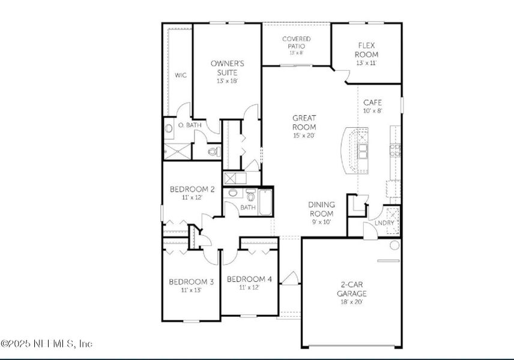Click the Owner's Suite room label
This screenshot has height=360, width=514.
(x=228, y=68)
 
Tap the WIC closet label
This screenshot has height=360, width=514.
(x=180, y=76)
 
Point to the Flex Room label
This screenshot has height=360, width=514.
(x=367, y=50)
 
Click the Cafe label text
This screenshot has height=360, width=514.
(x=372, y=103)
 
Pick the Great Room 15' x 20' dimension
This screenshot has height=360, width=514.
(x=304, y=136)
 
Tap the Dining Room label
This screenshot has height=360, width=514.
(x=322, y=209)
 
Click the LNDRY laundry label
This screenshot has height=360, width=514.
(x=384, y=224)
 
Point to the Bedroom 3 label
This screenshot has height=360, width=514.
(x=190, y=281)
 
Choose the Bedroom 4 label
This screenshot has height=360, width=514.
(x=249, y=279)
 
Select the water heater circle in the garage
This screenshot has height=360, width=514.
(x=395, y=245)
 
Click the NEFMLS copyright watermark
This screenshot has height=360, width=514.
(x=46, y=344)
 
